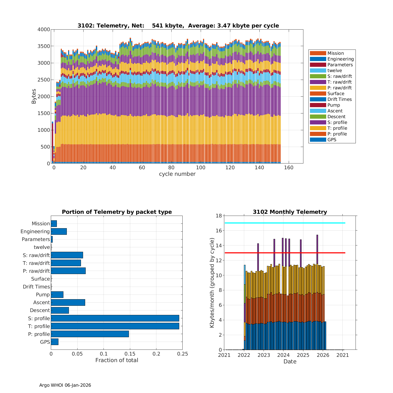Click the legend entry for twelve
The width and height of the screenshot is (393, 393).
pos(335,70)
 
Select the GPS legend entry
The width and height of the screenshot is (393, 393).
pos(332,140)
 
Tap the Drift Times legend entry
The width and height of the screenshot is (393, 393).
pos(339,99)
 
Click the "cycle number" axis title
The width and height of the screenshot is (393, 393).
pos(177,174)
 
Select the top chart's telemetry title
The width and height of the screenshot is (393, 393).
pos(178,26)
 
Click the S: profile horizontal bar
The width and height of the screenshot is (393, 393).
pos(115,318)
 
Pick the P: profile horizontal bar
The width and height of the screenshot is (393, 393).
pos(90,334)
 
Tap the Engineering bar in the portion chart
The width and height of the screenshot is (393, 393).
pos(59,231)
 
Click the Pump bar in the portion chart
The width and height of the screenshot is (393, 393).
pos(57,294)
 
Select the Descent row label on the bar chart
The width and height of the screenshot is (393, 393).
pos(40,310)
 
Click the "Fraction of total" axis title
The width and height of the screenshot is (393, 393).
pos(117,360)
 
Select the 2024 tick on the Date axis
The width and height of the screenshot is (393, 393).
pos(283,355)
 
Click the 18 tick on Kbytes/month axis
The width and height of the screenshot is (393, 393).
pos(219,216)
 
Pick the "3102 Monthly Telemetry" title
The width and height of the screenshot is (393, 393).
pos(290,212)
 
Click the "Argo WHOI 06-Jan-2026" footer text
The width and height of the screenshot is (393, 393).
pos(65,385)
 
